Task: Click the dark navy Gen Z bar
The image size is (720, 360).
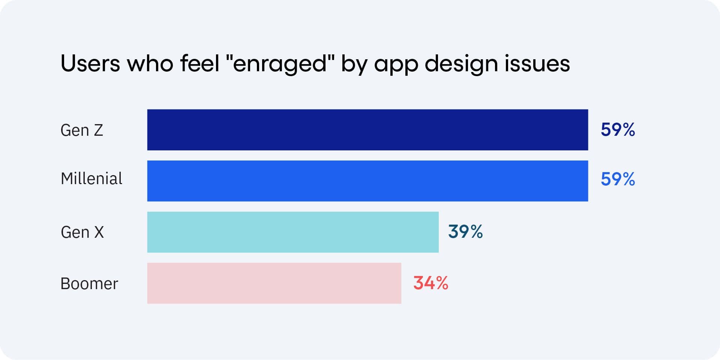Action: pyautogui.click(x=367, y=130)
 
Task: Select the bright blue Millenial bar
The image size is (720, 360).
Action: pyautogui.click(x=367, y=181)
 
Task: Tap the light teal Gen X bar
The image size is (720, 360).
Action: pyautogui.click(x=292, y=232)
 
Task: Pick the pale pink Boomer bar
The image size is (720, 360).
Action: pyautogui.click(x=274, y=283)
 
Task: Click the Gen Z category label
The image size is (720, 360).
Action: pyautogui.click(x=82, y=130)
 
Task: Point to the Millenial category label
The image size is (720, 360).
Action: pyautogui.click(x=91, y=178)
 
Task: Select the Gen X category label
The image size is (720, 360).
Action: pyautogui.click(x=82, y=232)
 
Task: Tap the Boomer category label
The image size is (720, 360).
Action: pyautogui.click(x=89, y=283)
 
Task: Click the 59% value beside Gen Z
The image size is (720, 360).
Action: pyautogui.click(x=618, y=130)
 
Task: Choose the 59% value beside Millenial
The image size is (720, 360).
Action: pyautogui.click(x=618, y=179)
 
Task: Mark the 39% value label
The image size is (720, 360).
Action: pyautogui.click(x=465, y=232)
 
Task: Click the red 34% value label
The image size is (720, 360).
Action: pyautogui.click(x=430, y=283)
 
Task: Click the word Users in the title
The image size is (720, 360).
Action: pyautogui.click(x=90, y=63)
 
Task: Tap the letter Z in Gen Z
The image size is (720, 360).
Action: pyautogui.click(x=98, y=130)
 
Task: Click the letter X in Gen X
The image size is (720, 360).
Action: pyautogui.click(x=99, y=232)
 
